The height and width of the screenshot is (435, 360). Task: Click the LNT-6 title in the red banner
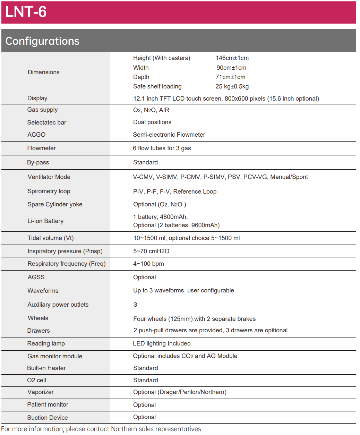pos(26,12)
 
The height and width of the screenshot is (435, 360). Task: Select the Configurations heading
pos(42,41)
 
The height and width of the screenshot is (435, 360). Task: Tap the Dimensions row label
pos(44,72)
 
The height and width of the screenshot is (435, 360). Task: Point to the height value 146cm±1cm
pos(232,58)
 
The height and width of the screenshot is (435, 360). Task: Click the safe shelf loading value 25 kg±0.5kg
pos(232,86)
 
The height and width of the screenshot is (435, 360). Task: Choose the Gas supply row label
pos(42,110)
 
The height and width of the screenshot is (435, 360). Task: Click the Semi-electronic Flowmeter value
pos(169,135)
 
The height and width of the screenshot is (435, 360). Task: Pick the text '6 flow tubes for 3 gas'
pos(162,148)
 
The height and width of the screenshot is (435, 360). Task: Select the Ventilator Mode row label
pos(49,177)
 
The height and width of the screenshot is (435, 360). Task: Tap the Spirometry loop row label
pos(49,191)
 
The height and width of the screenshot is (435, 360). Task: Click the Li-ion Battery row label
pos(45,221)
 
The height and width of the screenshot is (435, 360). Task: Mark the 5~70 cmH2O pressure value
pos(151,251)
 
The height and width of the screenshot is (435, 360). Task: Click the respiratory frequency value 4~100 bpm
pos(148,264)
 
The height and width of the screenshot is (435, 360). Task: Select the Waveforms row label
pos(43,291)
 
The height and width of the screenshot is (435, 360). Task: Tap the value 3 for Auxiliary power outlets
pos(135,305)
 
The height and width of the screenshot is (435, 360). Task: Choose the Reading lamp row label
pos(46,343)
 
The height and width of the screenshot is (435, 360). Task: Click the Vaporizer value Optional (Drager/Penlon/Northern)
pos(180,392)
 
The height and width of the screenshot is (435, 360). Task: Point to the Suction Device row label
pos(48,418)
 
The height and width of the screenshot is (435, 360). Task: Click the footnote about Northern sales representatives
pos(101,429)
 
